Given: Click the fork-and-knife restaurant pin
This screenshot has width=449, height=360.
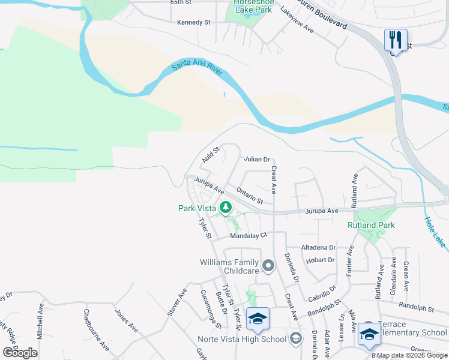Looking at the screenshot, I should click(x=396, y=40).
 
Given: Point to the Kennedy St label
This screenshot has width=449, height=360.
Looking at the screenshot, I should click(x=194, y=22).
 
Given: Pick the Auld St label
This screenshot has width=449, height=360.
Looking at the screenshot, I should click(x=211, y=154).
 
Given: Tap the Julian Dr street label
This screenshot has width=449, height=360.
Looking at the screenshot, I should click(x=256, y=159).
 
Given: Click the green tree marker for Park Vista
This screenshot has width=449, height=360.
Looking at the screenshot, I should click(x=226, y=208).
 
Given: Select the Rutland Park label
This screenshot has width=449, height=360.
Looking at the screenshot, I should click(x=371, y=225).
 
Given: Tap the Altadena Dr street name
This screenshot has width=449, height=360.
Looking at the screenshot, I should click(x=318, y=247).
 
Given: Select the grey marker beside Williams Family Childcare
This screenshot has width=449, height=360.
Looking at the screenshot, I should click(x=268, y=265).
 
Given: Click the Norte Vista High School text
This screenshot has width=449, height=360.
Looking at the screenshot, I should click(x=242, y=339).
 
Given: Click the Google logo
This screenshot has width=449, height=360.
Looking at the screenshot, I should click(x=20, y=353).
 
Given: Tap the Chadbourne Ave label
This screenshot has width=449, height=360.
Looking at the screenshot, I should click(x=96, y=329).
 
